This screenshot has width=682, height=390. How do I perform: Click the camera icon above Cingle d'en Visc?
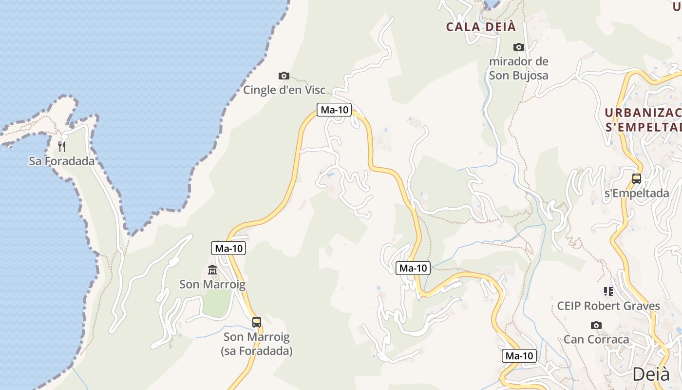point(284,76)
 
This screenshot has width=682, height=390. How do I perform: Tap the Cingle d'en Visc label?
point(284,90)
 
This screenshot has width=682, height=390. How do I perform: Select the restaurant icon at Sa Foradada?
point(62,146)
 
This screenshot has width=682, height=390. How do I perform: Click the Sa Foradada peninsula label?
point(62,161)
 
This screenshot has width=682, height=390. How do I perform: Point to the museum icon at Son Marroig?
point(212,270)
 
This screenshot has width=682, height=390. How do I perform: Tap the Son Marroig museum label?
point(212,284)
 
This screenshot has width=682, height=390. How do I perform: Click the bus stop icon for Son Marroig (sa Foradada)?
point(257,322)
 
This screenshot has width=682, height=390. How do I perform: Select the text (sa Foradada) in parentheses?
point(257,351)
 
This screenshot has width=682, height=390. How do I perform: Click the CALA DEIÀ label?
point(481,27)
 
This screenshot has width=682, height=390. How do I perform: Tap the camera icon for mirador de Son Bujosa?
point(519,47)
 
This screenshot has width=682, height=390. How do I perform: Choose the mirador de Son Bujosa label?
point(519,68)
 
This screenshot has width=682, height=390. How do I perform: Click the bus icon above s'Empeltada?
point(637,178)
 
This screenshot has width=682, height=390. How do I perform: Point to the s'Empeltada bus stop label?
point(637,193)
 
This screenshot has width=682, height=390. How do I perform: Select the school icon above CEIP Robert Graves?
point(608,292)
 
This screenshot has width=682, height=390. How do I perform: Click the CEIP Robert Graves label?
point(608,306)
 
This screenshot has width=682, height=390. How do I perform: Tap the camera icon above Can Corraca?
point(596,325)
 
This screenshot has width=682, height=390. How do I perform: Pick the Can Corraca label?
point(596,339)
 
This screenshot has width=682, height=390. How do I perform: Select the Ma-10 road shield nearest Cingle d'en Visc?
point(334,110)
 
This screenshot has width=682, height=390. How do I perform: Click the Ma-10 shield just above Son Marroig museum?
point(228,248)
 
